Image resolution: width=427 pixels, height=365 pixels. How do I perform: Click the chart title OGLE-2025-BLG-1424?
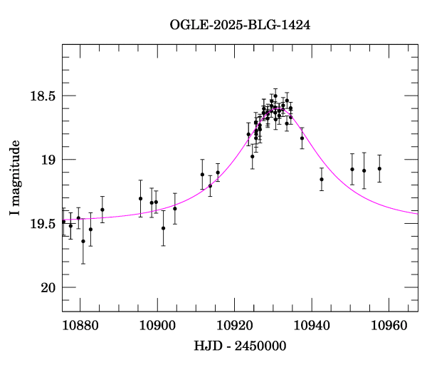pyautogui.click(x=240, y=25)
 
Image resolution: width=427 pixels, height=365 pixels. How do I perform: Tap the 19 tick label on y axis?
pyautogui.click(x=48, y=160)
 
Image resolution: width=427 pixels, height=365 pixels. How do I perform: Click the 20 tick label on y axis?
pyautogui.click(x=48, y=288)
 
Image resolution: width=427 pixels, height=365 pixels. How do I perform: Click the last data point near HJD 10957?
pyautogui.click(x=379, y=169)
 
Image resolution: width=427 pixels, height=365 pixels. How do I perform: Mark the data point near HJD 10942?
pyautogui.click(x=322, y=179)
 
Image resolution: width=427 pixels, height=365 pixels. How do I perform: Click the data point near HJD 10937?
pyautogui.click(x=302, y=138)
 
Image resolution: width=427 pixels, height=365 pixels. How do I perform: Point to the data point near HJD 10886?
pyautogui.click(x=102, y=210)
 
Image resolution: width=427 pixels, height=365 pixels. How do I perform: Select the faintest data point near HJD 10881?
pyautogui.click(x=83, y=241)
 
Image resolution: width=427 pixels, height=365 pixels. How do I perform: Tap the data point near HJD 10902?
pyautogui.click(x=163, y=228)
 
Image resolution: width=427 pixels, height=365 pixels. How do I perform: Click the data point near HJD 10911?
pyautogui.click(x=202, y=175)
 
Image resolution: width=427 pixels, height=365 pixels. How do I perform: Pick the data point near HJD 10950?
pyautogui.click(x=352, y=169)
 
